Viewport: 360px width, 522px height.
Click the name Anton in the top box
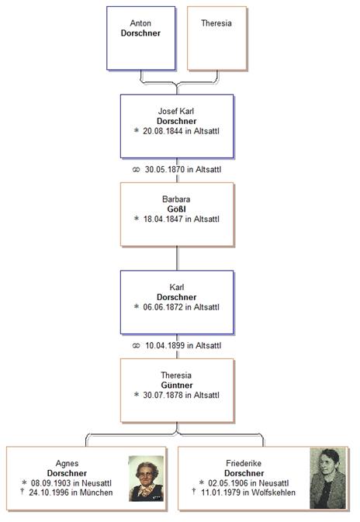click(140, 23)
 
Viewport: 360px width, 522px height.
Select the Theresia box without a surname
click(217, 38)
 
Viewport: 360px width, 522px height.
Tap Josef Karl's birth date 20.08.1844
click(163, 131)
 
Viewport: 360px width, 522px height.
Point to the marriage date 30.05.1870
click(164, 169)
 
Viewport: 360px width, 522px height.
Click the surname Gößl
click(176, 209)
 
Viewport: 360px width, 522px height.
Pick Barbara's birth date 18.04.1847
click(163, 219)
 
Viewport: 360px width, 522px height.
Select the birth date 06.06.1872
click(163, 307)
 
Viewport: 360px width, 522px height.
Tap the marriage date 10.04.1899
click(164, 346)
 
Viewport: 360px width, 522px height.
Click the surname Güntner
click(177, 385)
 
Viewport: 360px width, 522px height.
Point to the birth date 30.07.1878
click(163, 395)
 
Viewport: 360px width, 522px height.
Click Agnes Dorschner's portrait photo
click(146, 479)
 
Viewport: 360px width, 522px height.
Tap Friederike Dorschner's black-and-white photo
click(328, 478)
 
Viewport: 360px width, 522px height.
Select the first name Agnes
click(67, 463)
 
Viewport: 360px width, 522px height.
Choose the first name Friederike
click(244, 463)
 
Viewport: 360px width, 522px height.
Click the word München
click(96, 493)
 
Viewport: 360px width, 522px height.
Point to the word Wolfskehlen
click(273, 493)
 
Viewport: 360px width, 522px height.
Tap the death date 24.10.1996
click(49, 493)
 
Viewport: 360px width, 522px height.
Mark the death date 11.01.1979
click(221, 493)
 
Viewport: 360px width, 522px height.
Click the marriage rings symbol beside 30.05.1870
click(136, 170)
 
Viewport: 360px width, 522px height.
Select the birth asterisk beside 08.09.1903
click(24, 482)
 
